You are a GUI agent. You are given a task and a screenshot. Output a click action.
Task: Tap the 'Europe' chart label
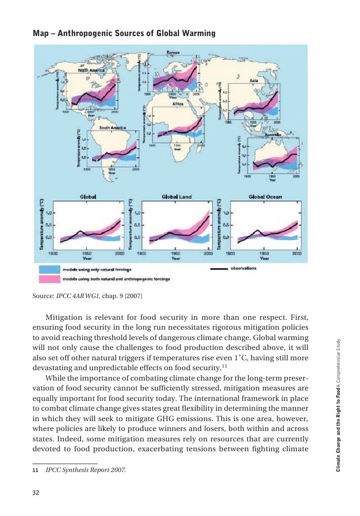click(173, 53)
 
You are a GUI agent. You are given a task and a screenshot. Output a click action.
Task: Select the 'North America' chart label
click(89, 71)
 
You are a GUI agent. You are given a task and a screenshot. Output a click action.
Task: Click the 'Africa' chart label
click(178, 104)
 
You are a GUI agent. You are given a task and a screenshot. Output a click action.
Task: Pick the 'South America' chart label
click(112, 127)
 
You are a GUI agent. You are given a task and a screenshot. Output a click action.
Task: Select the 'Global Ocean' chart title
click(265, 197)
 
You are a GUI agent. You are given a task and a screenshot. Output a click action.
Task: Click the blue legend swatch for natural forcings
click(48, 270)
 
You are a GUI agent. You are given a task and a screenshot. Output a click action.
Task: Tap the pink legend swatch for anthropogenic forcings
click(48, 279)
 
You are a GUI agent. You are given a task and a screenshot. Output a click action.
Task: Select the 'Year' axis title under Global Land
click(176, 258)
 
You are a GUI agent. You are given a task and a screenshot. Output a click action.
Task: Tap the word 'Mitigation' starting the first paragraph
click(64, 317)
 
